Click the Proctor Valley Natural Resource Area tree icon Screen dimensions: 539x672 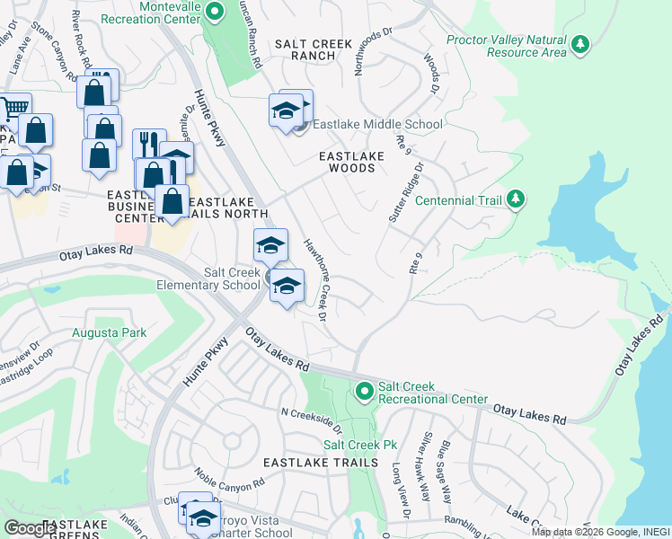click(580, 42)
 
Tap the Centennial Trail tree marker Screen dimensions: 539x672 click(515, 199)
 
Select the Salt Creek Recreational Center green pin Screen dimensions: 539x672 click(364, 391)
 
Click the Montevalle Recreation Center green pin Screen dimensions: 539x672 click(214, 12)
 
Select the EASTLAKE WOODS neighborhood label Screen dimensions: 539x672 click(352, 162)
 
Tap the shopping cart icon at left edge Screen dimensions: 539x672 click(13, 109)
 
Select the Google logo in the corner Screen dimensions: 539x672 click(30, 528)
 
